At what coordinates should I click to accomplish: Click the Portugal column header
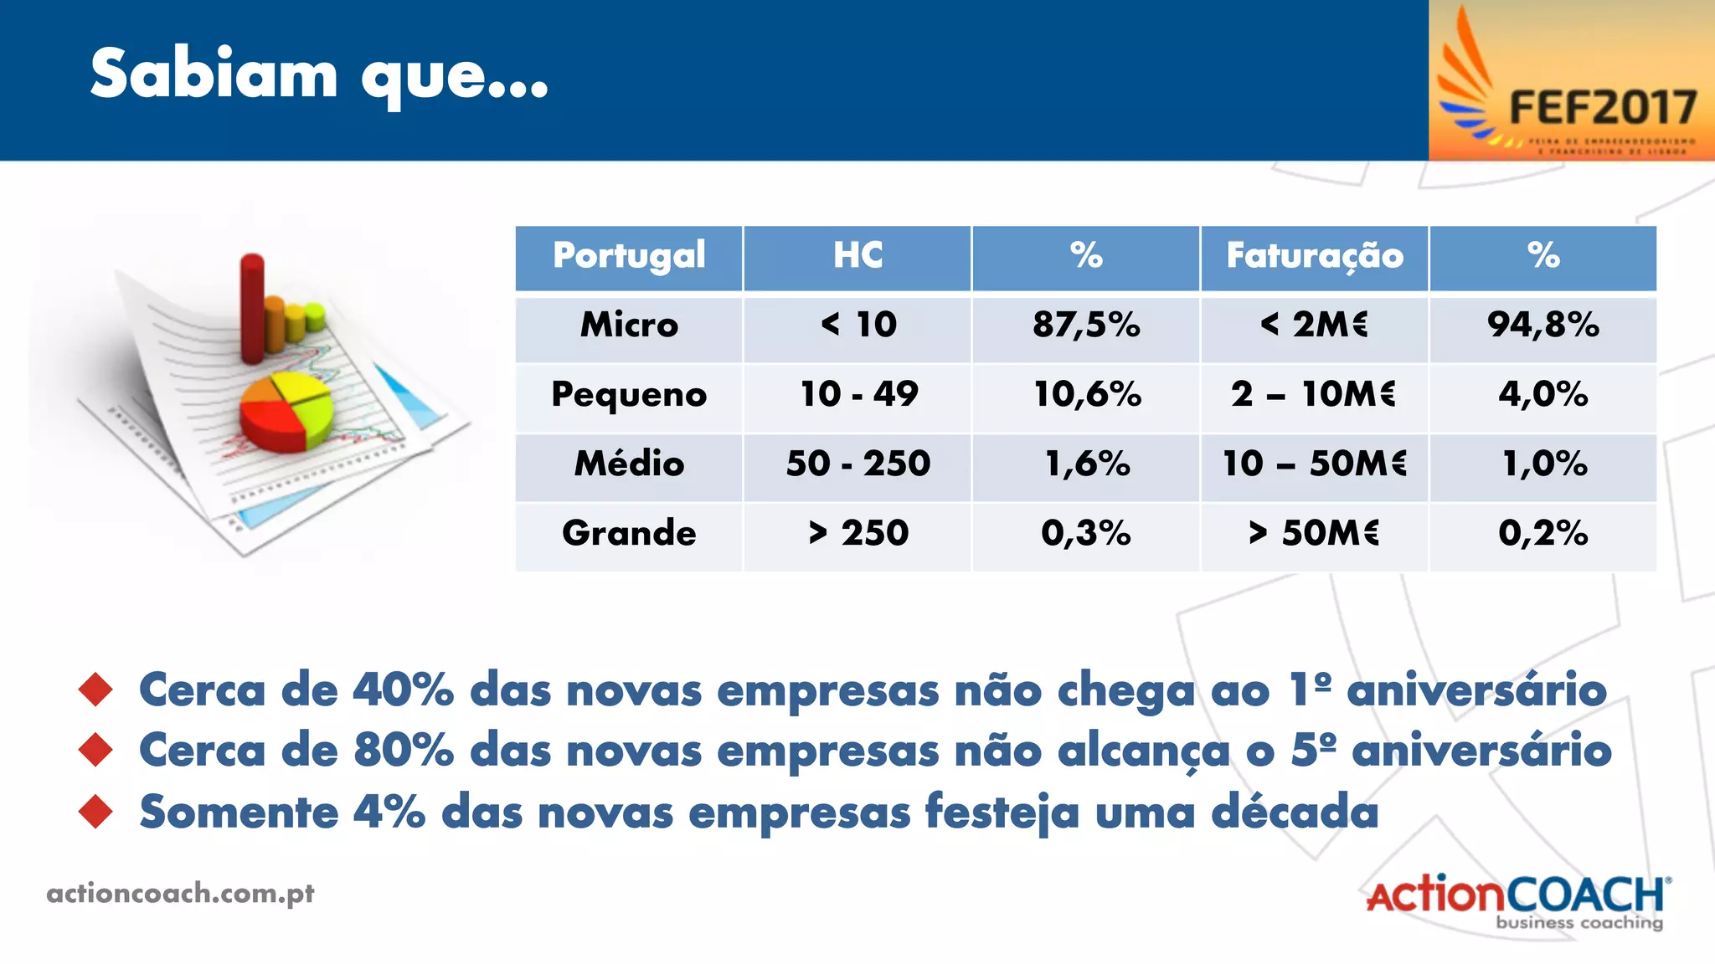(x=629, y=256)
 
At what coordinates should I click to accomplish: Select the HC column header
(x=857, y=256)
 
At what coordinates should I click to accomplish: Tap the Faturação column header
(x=1315, y=256)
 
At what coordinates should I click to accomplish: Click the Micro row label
(x=629, y=325)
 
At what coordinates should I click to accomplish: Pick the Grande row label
(x=629, y=533)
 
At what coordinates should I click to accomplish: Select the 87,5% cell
(x=1086, y=325)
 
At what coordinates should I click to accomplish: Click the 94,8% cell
(x=1543, y=325)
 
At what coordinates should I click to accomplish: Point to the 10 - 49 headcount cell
(x=858, y=394)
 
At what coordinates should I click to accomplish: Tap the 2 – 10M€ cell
(x=1314, y=394)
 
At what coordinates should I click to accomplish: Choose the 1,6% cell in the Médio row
(x=1087, y=464)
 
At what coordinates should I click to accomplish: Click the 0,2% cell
(x=1543, y=533)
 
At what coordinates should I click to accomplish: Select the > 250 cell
(x=858, y=533)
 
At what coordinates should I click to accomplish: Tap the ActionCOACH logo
(x=1517, y=900)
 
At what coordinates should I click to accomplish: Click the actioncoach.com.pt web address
(x=180, y=894)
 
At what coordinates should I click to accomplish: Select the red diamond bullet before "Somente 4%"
(x=95, y=812)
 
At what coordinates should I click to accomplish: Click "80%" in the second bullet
(x=404, y=750)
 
